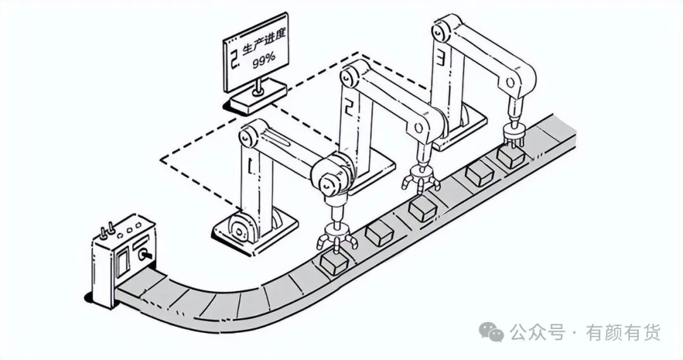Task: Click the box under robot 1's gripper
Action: tap(334, 263)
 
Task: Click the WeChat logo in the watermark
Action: tap(491, 332)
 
